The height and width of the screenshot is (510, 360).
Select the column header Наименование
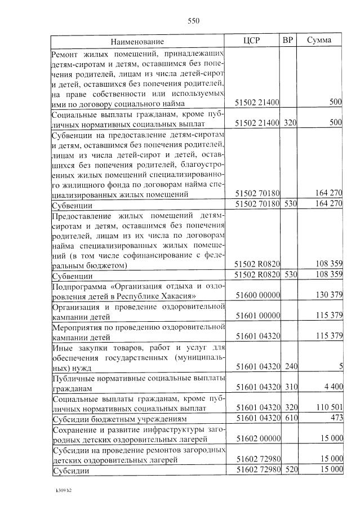pyautogui.click(x=137, y=42)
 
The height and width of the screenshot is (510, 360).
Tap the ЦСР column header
pyautogui.click(x=251, y=41)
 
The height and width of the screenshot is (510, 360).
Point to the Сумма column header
pyautogui.click(x=319, y=41)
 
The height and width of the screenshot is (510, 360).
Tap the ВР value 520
pyautogui.click(x=290, y=469)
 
